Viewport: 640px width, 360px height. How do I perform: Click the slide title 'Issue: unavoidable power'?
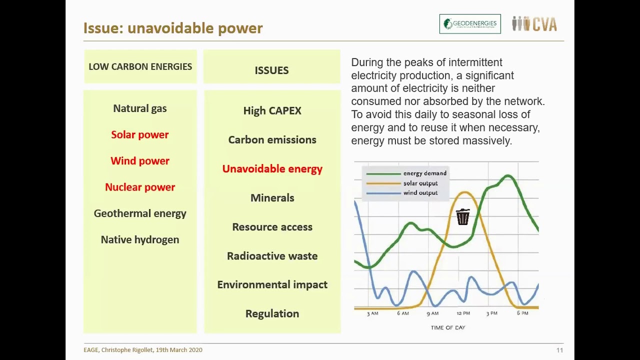173,28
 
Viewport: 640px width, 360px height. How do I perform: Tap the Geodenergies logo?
470,24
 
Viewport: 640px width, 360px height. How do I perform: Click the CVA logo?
534,24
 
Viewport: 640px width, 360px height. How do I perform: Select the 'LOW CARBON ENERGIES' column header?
140,66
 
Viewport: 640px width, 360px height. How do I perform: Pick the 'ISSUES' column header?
271,70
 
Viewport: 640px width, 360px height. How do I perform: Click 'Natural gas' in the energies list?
140,108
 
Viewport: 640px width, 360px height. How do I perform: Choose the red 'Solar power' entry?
140,135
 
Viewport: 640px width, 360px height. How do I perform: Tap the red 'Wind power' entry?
140,161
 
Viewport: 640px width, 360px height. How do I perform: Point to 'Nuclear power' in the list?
140,187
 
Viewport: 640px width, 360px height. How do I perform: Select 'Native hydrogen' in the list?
140,239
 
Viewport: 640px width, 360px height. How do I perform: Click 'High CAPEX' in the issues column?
272,111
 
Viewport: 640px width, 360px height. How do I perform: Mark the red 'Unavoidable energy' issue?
272,169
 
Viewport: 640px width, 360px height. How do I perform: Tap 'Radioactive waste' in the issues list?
272,256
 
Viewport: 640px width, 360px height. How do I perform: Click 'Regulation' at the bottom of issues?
272,313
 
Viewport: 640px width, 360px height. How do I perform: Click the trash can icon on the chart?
463,217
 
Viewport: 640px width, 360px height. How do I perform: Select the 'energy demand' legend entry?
424,173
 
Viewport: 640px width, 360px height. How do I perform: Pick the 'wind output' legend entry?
420,193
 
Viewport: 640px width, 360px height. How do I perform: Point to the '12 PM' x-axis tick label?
463,313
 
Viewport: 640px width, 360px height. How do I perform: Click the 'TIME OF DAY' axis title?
448,327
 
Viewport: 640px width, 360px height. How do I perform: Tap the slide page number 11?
559,350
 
